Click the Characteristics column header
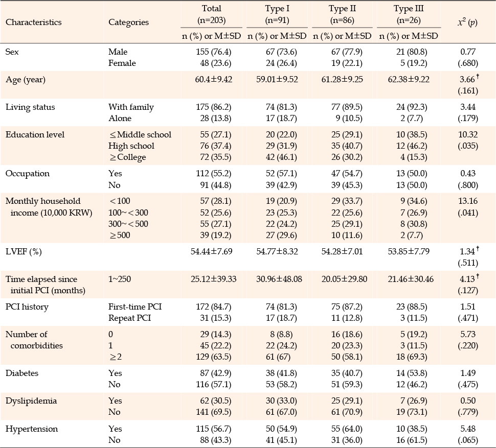pos(34,22)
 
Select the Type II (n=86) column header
pos(342,14)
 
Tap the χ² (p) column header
pos(467,22)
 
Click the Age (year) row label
pos(25,79)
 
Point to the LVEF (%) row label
pos(24,251)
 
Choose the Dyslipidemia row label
pos(31,401)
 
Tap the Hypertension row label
pos(32,429)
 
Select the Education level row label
pos(35,134)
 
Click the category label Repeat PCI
pos(130,318)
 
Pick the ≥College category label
pos(128,157)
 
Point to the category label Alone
pos(120,118)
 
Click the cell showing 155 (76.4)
pos(214,52)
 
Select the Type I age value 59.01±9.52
pos(277,79)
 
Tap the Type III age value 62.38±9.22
pos(409,79)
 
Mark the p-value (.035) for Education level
pos(468,146)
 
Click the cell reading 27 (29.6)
pos(281,235)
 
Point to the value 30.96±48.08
pos(279,279)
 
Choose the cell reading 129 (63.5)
pos(214,357)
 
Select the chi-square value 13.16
pos(468,201)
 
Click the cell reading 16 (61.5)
pos(412,440)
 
